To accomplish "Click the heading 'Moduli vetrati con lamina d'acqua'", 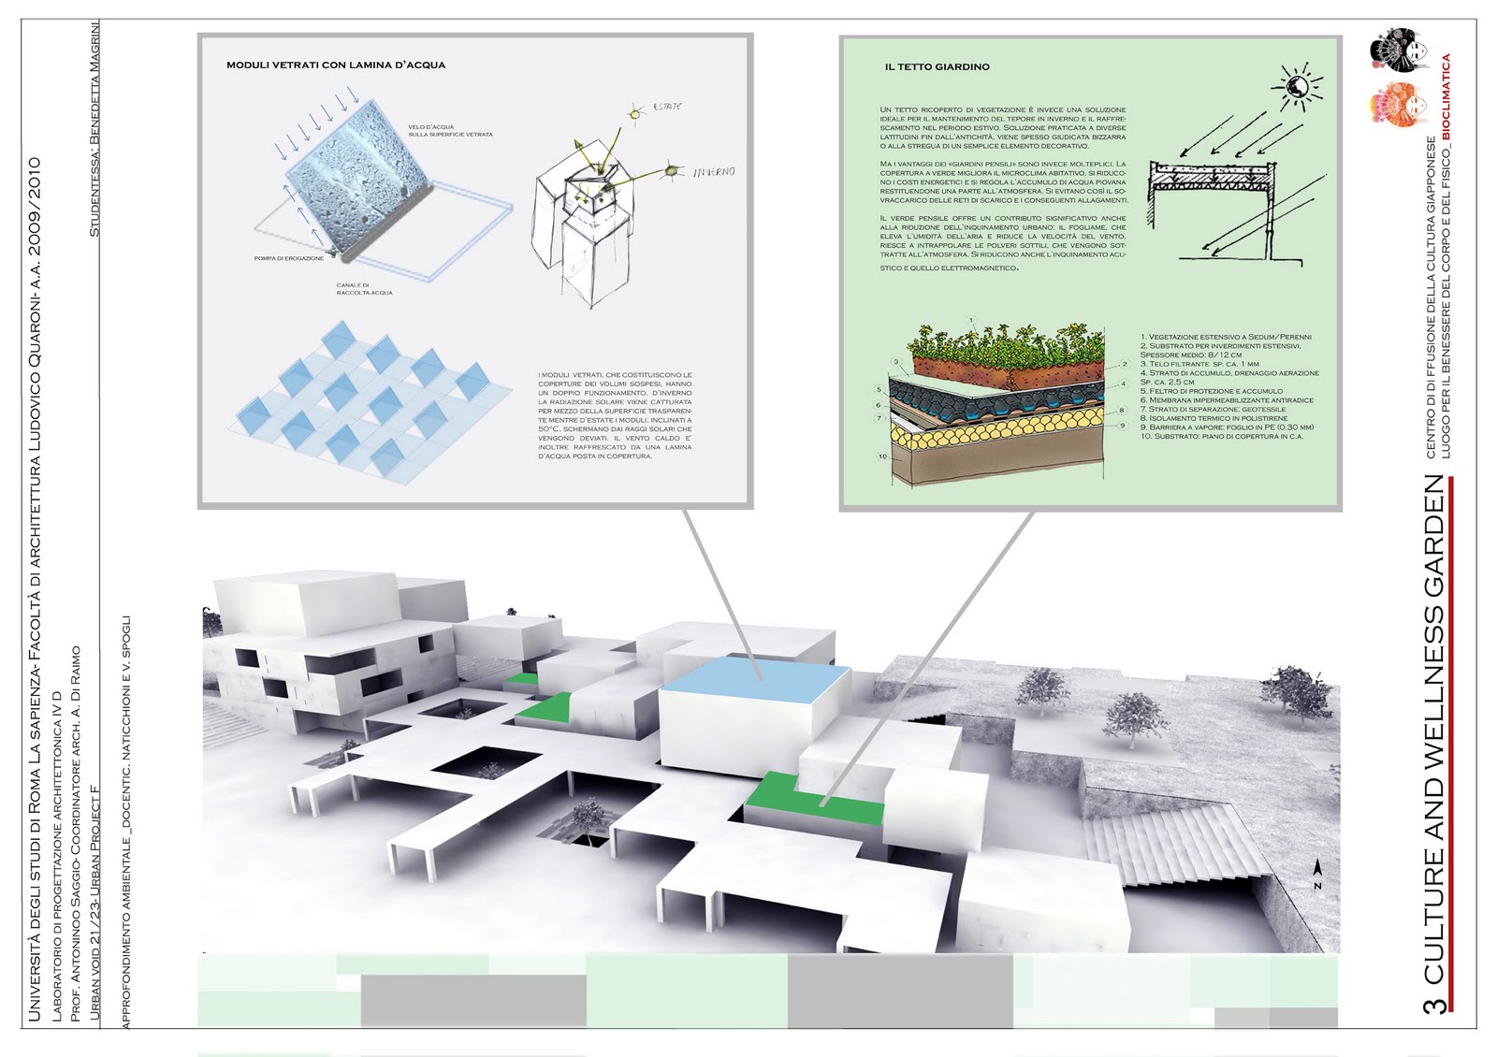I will pyautogui.click(x=336, y=65).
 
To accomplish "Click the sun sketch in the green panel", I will pyautogui.click(x=1297, y=86).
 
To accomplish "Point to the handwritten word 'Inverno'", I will pyautogui.click(x=714, y=172).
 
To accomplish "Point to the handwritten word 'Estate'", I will pyautogui.click(x=667, y=108).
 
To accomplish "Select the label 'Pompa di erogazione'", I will pyautogui.click(x=288, y=258).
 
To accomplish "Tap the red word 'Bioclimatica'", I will pyautogui.click(x=1446, y=97).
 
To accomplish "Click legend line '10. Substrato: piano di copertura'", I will pyautogui.click(x=1221, y=437).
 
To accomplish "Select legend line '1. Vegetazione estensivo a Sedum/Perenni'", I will pyautogui.click(x=1226, y=337).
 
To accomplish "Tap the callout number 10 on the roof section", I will pyautogui.click(x=882, y=457).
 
